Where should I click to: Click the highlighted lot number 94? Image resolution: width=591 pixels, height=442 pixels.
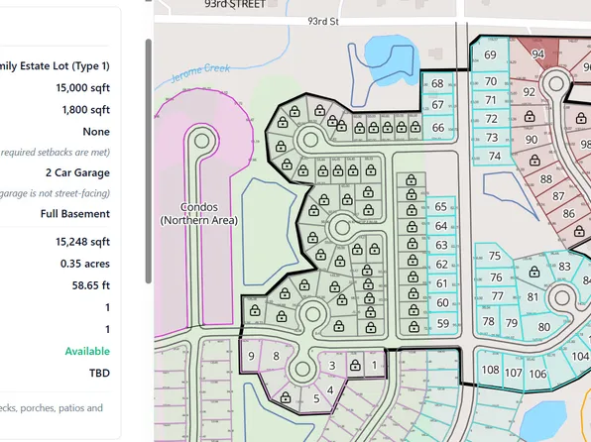[538, 54]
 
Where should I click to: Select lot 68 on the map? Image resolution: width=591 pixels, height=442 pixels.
[437, 84]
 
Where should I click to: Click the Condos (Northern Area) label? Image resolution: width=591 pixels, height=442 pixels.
[199, 213]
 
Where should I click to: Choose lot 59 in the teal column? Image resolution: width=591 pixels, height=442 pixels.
[442, 324]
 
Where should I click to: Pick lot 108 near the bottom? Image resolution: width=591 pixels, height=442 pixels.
[490, 371]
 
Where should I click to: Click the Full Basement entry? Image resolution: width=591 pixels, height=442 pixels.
[75, 213]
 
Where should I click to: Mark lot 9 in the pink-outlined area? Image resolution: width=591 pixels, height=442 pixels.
[252, 356]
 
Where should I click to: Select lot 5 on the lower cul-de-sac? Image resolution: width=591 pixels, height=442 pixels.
[316, 399]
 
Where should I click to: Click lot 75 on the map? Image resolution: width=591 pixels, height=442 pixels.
[495, 256]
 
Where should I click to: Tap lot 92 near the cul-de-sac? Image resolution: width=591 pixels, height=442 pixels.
[529, 92]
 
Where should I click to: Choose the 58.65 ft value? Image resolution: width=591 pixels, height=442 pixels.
[89, 285]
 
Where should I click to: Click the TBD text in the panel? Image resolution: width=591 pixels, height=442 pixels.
[98, 374]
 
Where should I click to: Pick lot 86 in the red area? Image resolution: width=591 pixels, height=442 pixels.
[568, 213]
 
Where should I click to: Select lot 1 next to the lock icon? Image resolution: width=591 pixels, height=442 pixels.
[374, 365]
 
